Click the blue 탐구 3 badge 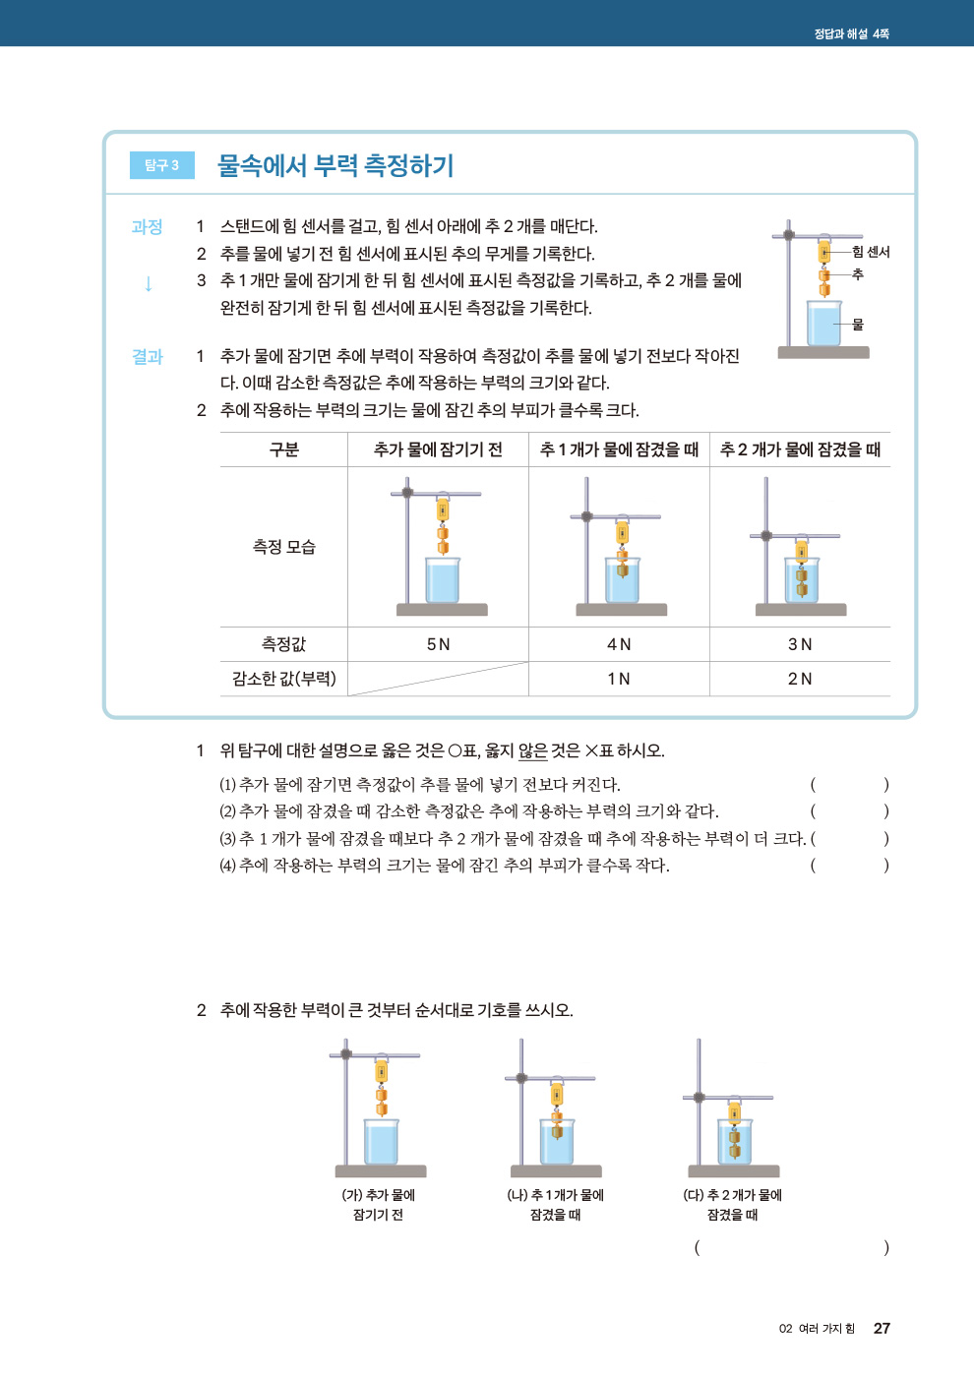click(x=162, y=165)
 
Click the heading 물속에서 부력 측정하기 click(x=335, y=165)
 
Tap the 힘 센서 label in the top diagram click(x=871, y=252)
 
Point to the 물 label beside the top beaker click(x=858, y=324)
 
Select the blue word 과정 click(x=147, y=227)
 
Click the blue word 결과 click(x=147, y=357)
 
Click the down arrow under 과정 click(x=148, y=284)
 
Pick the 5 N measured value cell click(x=438, y=644)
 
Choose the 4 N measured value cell click(x=619, y=644)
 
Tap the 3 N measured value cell click(x=800, y=644)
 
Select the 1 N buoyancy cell click(x=619, y=679)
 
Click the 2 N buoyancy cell click(x=800, y=679)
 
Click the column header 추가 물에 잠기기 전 click(x=438, y=449)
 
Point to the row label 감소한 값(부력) click(x=284, y=679)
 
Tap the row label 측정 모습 click(x=284, y=547)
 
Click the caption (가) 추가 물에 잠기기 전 click(x=379, y=1205)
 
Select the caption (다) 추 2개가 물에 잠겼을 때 click(x=733, y=1205)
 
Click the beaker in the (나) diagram click(x=557, y=1143)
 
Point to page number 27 click(x=882, y=1328)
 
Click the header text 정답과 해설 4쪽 click(x=851, y=33)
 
